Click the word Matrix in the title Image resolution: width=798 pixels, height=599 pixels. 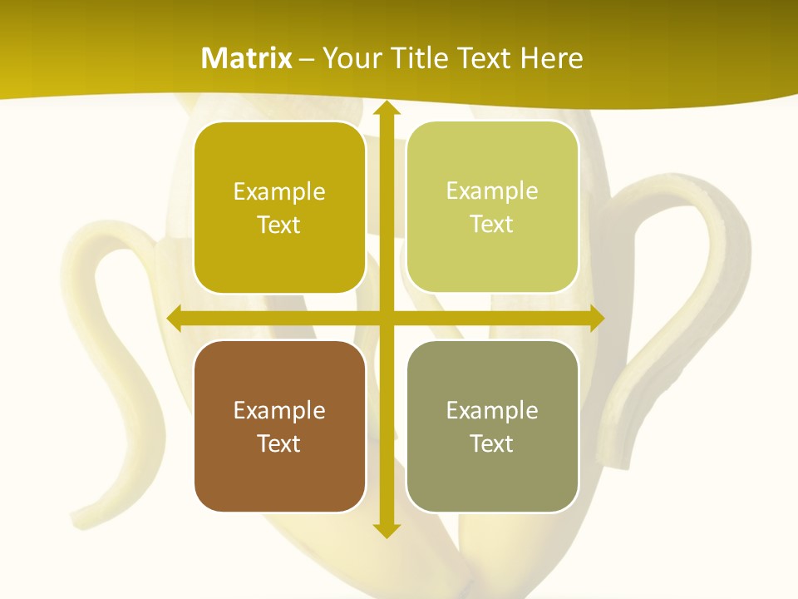pyautogui.click(x=247, y=58)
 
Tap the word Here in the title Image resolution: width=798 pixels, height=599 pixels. pyautogui.click(x=551, y=58)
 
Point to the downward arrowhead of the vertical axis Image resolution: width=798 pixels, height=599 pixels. pyautogui.click(x=386, y=530)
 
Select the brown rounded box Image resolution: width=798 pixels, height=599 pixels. pyautogui.click(x=279, y=426)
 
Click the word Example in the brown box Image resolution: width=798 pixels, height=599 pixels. pyautogui.click(x=279, y=410)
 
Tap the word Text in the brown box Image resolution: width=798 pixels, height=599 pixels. pyautogui.click(x=279, y=443)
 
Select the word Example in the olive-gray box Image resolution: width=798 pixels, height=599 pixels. pyautogui.click(x=492, y=410)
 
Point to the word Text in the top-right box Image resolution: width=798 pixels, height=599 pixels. pyautogui.click(x=492, y=225)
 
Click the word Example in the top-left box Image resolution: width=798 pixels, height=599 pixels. pyautogui.click(x=279, y=192)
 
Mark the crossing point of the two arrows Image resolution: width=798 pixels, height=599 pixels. pyautogui.click(x=386, y=318)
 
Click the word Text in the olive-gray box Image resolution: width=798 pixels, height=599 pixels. pyautogui.click(x=492, y=443)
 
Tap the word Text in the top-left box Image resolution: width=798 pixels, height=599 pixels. pyautogui.click(x=279, y=225)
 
